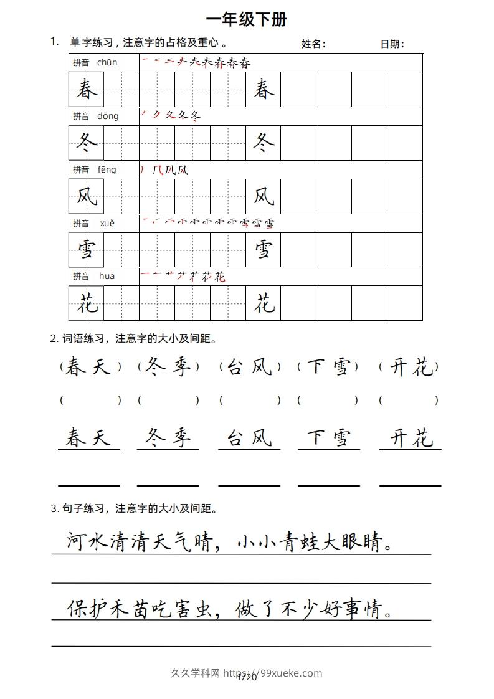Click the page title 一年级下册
pyautogui.click(x=246, y=19)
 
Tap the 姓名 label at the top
pyautogui.click(x=313, y=44)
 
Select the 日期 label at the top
pyautogui.click(x=392, y=44)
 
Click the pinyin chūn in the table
pyautogui.click(x=107, y=62)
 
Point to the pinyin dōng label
pyautogui.click(x=108, y=116)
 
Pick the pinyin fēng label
pyautogui.click(x=107, y=169)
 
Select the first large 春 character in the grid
pyautogui.click(x=87, y=90)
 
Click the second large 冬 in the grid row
pyautogui.click(x=264, y=144)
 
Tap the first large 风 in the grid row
pyautogui.click(x=87, y=197)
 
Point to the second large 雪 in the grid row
pyautogui.click(x=264, y=250)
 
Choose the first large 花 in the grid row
pyautogui.click(x=87, y=304)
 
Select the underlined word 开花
pyautogui.click(x=411, y=439)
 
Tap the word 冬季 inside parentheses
pyautogui.click(x=168, y=368)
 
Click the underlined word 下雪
pyautogui.click(x=328, y=439)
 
